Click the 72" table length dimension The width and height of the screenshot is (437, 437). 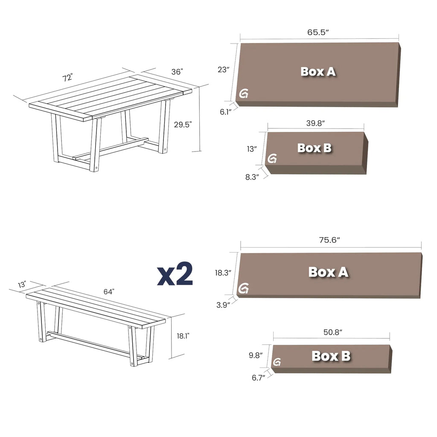(67, 78)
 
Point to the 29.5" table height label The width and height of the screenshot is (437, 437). (183, 125)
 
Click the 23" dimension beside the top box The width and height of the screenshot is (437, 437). (224, 70)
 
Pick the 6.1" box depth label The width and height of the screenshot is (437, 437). (225, 112)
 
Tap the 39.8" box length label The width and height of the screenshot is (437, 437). (315, 123)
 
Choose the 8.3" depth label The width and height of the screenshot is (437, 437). (252, 177)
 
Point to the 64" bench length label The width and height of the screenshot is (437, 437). (109, 292)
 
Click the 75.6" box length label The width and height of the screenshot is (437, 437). (330, 240)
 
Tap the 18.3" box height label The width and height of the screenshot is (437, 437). (223, 272)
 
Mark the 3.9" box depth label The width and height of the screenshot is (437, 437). (223, 305)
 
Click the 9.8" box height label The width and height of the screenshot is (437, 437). (255, 354)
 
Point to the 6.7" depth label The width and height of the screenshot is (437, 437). (258, 377)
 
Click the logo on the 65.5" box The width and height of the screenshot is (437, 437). (244, 94)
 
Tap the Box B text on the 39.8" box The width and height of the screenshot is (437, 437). (315, 148)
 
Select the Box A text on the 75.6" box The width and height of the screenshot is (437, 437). (328, 272)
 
